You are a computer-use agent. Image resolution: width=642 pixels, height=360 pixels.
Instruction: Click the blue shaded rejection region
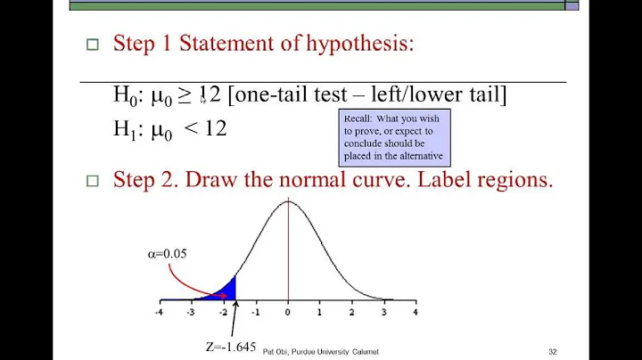tap(228, 290)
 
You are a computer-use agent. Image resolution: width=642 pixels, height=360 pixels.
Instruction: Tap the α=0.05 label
tap(167, 253)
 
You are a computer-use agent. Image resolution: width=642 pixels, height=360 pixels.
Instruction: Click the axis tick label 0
tap(287, 313)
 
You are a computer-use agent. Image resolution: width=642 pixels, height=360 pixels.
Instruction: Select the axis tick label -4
tap(159, 313)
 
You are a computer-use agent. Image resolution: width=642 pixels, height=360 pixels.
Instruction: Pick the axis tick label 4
tap(415, 313)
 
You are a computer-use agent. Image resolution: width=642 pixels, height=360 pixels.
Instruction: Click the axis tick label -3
tap(191, 313)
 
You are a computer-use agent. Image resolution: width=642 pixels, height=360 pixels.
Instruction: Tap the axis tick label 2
tap(351, 313)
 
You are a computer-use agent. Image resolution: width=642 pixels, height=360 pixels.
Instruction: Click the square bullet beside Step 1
tap(90, 46)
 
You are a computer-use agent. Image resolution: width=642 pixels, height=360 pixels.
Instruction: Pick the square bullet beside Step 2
tap(90, 182)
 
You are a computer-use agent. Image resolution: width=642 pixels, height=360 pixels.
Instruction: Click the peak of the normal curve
tap(287, 201)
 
